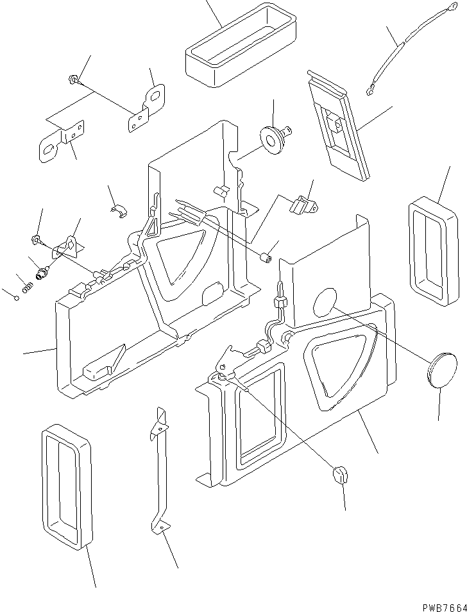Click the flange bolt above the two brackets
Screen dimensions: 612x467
click(x=72, y=80)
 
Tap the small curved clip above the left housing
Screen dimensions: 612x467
click(x=118, y=210)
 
